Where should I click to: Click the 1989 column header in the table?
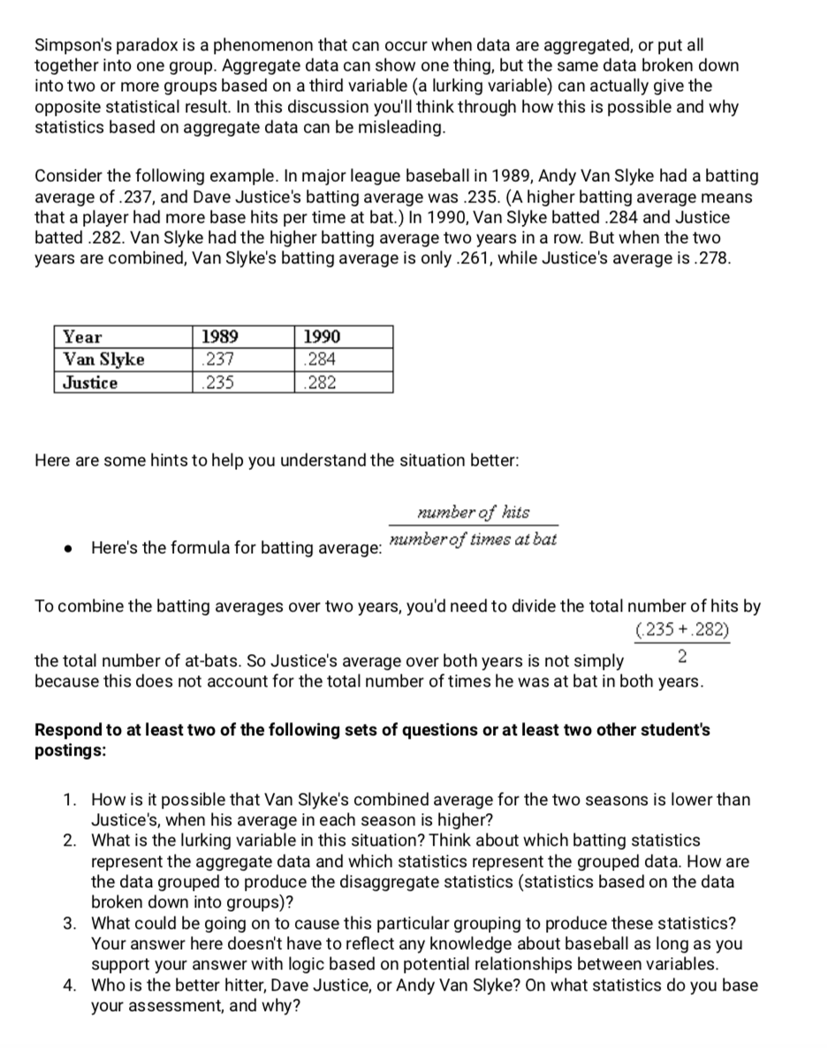218,337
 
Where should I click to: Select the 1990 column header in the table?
322,337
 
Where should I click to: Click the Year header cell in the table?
83,337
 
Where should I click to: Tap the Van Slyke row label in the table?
104,360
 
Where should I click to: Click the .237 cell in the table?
215,360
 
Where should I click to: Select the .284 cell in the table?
318,360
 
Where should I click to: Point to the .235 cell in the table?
215,383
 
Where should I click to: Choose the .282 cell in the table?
318,383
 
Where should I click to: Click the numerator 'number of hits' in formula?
473,513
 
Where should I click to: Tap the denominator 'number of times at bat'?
473,539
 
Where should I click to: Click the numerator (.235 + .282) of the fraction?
682,630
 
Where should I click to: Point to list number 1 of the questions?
70,800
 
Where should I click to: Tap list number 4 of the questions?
70,985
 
